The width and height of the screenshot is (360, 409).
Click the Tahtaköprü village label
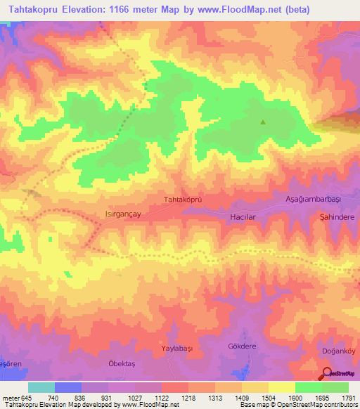pyautogui.click(x=183, y=200)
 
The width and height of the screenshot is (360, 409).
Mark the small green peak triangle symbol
pyautogui.click(x=264, y=122)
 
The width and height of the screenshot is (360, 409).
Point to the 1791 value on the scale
pyautogui.click(x=348, y=397)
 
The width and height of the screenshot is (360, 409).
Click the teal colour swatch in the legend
pyautogui.click(x=41, y=387)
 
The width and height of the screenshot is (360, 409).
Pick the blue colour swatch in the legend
pyautogui.click(x=68, y=387)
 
